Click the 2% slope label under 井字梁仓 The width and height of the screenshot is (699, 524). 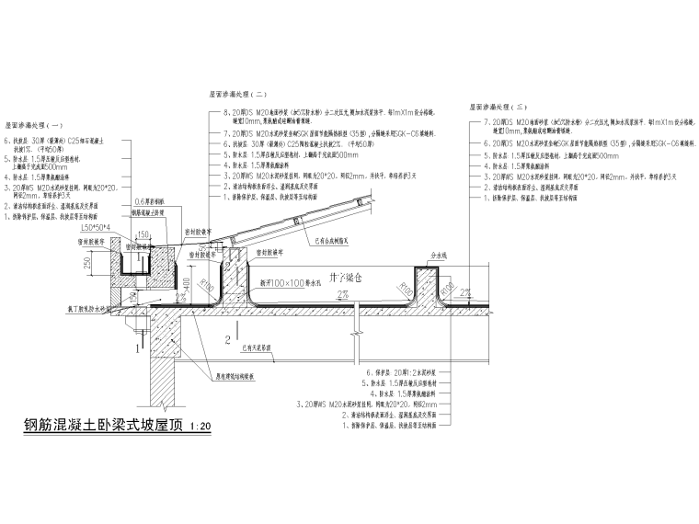coord(341,294)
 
